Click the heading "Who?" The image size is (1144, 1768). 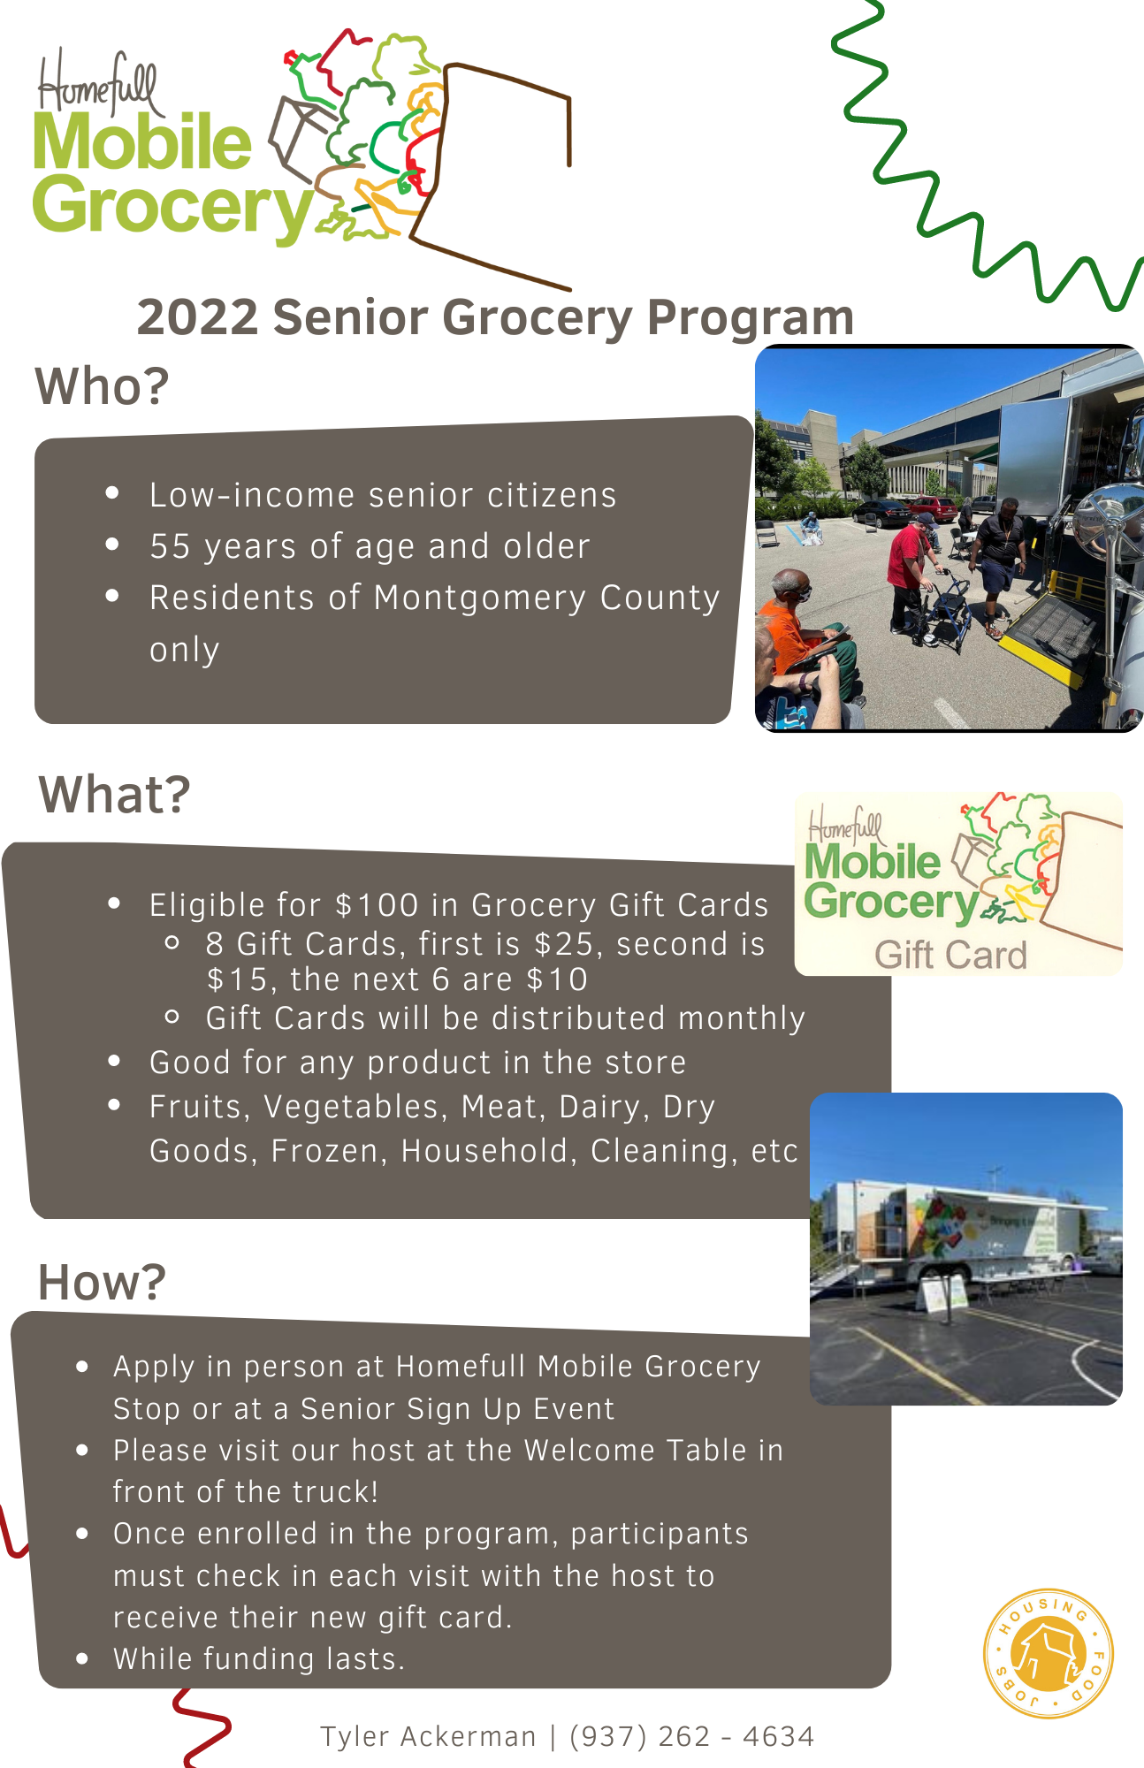point(102,386)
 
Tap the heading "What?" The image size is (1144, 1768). point(114,794)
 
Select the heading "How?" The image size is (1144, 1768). point(102,1282)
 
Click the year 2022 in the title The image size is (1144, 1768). point(197,317)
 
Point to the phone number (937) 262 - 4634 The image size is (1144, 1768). point(691,1736)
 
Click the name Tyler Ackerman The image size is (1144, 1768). point(428,1736)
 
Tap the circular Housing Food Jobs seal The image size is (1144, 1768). point(1049,1654)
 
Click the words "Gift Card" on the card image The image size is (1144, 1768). point(951,955)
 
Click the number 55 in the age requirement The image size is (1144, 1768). point(170,546)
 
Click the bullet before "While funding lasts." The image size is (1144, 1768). point(82,1658)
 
